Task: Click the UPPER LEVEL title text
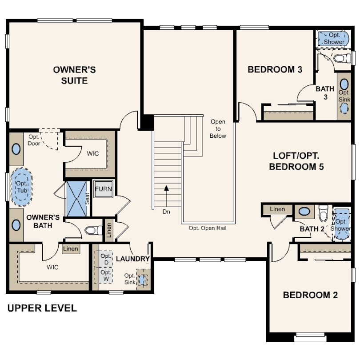[x=42, y=308]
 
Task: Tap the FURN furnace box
[x=104, y=189]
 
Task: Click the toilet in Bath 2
[x=324, y=214]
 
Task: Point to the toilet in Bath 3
[x=342, y=58]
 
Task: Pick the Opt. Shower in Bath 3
[x=333, y=38]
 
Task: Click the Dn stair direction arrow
[x=167, y=196]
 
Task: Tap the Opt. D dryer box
[x=106, y=259]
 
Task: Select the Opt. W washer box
[x=106, y=275]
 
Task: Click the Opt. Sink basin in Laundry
[x=142, y=280]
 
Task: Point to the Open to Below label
[x=218, y=129]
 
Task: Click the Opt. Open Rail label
[x=207, y=228]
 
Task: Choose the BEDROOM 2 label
[x=310, y=295]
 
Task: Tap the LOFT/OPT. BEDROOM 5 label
[x=296, y=161]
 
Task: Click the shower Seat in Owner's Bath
[x=87, y=199]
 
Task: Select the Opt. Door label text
[x=34, y=140]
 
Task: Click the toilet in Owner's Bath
[x=93, y=230]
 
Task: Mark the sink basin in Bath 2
[x=304, y=211]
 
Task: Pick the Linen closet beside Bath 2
[x=277, y=209]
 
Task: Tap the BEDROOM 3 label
[x=275, y=70]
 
